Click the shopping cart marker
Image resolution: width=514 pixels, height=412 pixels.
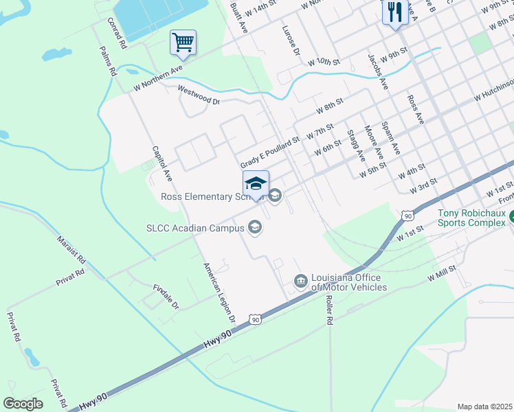(x=183, y=43)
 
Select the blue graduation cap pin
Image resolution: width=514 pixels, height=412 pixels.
(x=256, y=184)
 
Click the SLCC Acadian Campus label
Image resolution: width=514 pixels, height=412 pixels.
(x=195, y=228)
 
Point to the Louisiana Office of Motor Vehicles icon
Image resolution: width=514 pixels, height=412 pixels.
(x=300, y=280)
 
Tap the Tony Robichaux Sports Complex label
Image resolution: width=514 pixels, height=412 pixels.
(x=476, y=218)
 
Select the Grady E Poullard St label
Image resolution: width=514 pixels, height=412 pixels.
(x=269, y=152)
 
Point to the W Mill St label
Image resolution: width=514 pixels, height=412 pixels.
(x=441, y=273)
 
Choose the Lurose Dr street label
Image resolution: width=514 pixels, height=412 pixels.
(x=291, y=41)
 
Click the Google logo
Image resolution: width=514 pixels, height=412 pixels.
(x=23, y=403)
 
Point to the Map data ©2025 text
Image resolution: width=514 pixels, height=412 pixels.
(x=484, y=407)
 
